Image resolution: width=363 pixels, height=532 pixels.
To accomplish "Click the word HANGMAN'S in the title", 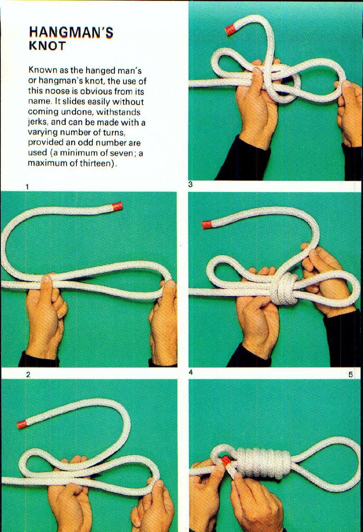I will (71, 32).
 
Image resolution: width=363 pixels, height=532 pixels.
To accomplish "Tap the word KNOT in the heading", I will (47, 45).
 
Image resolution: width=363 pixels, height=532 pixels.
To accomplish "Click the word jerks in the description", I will (38, 122).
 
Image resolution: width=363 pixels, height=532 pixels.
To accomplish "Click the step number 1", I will (27, 187).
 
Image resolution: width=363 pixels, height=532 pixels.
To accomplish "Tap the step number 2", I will (28, 374).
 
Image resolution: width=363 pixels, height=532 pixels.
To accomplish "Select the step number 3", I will (190, 185).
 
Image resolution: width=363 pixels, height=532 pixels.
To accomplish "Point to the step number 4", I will (190, 372).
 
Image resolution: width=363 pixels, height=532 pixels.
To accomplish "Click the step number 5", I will (350, 374).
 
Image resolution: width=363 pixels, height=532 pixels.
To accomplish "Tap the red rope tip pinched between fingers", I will (225, 461).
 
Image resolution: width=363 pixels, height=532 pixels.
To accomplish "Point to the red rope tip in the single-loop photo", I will (117, 206).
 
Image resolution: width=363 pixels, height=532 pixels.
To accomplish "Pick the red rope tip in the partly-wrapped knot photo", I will (207, 224).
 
